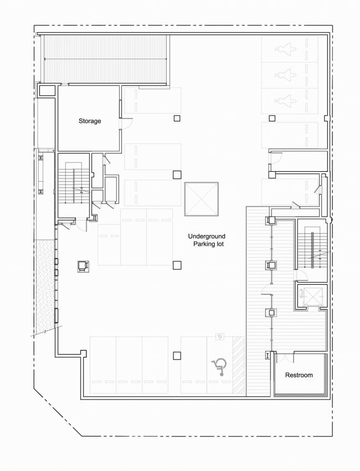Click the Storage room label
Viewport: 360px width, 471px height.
(90, 121)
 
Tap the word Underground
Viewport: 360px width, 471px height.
(207, 236)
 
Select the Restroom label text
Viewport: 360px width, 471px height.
(299, 375)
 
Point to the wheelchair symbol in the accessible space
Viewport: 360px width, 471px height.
(219, 366)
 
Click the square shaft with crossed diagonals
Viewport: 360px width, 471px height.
(202, 199)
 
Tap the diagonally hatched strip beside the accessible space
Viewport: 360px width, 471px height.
(239, 366)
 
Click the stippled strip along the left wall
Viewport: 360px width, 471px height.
(44, 285)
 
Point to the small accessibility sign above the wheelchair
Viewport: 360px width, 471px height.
(220, 336)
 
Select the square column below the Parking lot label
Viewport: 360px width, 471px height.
(177, 265)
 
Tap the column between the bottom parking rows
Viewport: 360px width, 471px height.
(177, 356)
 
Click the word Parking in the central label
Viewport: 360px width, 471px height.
(203, 244)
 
